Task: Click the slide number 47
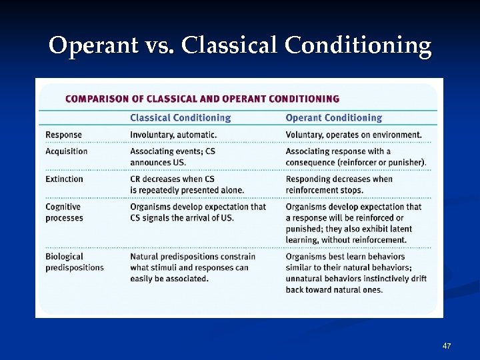(447, 346)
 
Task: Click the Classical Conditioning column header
(180, 118)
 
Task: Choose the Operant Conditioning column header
(333, 118)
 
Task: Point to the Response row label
(63, 135)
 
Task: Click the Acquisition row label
(66, 151)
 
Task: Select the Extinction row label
(64, 179)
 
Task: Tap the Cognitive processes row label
(64, 212)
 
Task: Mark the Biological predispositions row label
(74, 262)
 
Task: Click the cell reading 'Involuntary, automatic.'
(173, 135)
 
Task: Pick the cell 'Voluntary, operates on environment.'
(353, 135)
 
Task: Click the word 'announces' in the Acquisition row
(151, 162)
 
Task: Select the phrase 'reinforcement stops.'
(325, 190)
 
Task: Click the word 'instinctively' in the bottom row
(376, 279)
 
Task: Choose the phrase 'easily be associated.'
(169, 279)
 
